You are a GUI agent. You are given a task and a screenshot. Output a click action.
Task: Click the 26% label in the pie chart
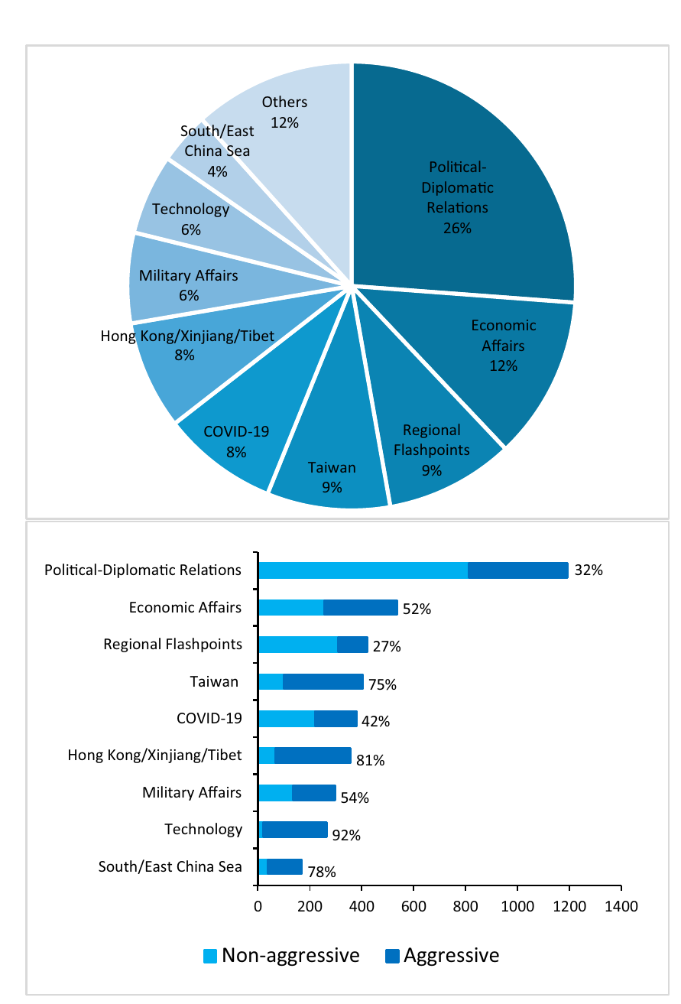point(457,228)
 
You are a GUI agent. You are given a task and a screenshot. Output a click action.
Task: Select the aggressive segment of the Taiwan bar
point(323,681)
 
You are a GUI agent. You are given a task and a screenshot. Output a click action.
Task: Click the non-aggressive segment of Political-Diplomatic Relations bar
point(363,570)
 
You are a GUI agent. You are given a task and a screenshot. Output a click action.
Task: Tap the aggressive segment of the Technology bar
point(295,829)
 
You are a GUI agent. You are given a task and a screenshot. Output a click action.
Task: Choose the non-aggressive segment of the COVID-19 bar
point(287,719)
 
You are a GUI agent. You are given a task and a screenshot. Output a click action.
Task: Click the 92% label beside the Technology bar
point(346,835)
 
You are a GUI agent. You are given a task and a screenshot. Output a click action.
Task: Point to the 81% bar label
point(370,760)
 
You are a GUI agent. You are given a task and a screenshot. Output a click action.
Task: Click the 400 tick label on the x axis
point(362,906)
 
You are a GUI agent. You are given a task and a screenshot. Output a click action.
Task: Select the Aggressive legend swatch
point(392,956)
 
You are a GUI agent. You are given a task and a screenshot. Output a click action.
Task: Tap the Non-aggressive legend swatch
point(209,956)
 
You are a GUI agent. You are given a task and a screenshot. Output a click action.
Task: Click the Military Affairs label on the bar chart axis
point(192,792)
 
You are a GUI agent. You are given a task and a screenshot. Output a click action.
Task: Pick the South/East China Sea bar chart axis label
point(170,866)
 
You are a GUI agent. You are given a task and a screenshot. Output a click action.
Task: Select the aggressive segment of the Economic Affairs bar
point(361,607)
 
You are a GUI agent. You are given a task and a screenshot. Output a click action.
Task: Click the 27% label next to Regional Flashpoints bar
point(387,646)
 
